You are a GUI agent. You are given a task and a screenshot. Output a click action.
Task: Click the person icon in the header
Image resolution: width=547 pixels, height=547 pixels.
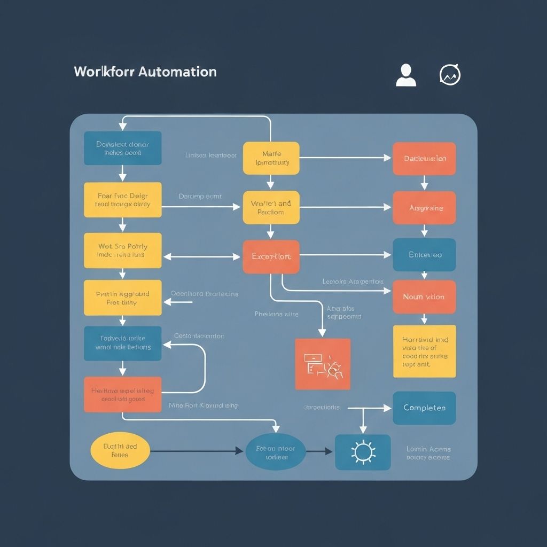406,75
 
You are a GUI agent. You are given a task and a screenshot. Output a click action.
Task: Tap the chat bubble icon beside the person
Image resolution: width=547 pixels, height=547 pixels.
450,75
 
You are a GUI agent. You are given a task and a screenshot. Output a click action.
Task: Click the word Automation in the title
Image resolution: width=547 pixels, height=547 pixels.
177,72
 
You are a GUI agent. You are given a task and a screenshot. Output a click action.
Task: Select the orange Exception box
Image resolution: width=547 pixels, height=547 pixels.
271,257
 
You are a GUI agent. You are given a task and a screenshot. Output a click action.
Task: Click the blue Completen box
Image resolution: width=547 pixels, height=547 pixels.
424,408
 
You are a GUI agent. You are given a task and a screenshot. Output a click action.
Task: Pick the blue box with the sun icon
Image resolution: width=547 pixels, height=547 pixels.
363,452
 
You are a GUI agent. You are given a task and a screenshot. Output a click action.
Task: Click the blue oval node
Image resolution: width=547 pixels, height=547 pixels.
276,452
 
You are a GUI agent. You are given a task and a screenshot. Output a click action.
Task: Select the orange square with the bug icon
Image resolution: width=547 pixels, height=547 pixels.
323,364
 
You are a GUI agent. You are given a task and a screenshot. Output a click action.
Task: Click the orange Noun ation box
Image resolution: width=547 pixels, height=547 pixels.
424,297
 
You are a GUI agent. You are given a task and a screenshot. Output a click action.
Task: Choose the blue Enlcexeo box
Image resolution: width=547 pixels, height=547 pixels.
424,255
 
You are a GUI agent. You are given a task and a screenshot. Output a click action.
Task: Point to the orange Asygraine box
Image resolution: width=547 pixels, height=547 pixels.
424,208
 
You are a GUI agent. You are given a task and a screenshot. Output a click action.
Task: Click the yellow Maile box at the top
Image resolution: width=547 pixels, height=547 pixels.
271,158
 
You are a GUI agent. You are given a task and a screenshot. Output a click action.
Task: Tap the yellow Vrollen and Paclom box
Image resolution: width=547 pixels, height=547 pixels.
271,208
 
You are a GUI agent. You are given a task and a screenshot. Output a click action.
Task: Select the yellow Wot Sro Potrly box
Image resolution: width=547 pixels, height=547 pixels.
123,251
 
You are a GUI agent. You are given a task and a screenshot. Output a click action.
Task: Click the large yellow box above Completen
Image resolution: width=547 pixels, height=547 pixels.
424,351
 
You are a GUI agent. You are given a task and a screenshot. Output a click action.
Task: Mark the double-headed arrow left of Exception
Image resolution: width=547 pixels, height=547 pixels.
202,257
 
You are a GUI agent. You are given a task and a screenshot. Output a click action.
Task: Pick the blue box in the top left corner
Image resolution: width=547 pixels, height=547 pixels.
123,148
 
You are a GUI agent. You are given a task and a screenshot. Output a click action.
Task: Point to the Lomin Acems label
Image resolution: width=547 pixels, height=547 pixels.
428,453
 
